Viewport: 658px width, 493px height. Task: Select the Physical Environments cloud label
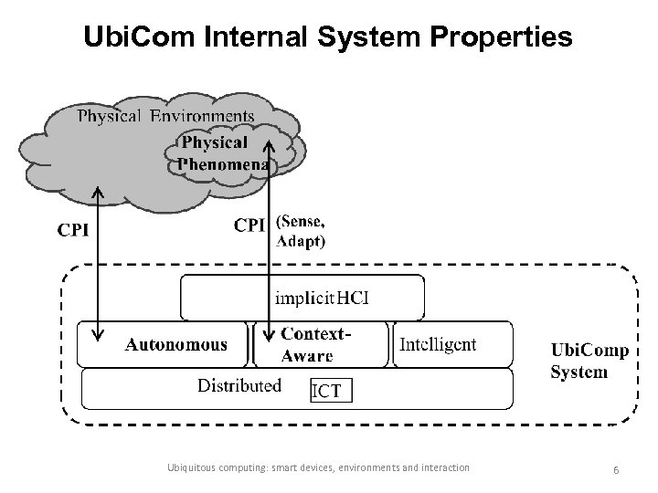point(165,116)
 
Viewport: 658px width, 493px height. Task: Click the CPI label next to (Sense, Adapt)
point(250,225)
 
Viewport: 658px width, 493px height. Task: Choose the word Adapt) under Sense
point(301,242)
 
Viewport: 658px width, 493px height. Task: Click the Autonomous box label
point(175,344)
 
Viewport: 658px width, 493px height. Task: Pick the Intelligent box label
point(438,343)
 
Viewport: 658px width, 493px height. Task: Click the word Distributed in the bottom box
point(239,385)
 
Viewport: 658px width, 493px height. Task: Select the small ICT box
point(327,391)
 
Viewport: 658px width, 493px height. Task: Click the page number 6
point(617,468)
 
